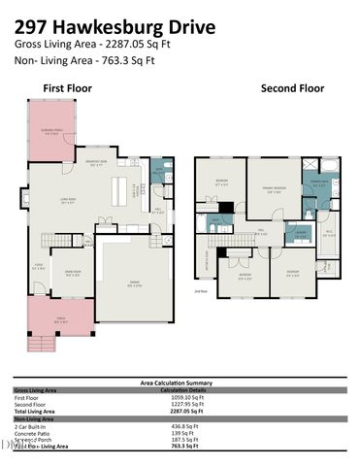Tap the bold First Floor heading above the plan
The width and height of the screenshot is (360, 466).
(67, 87)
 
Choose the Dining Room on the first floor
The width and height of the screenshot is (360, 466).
(72, 273)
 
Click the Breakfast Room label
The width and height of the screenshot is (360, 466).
(122, 162)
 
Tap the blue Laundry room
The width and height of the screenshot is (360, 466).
(300, 233)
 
